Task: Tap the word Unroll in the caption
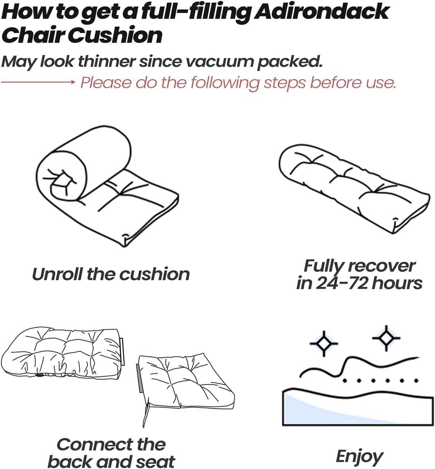coord(57,274)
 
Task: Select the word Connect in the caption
coord(95,444)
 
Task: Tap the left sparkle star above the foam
coord(324,343)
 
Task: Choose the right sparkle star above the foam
coord(386,338)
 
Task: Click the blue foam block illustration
coord(358,408)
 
